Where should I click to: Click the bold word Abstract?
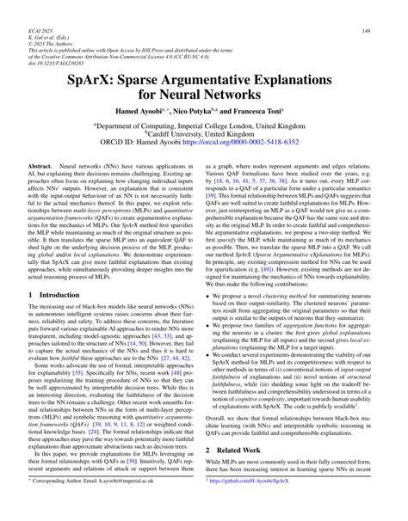41,162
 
